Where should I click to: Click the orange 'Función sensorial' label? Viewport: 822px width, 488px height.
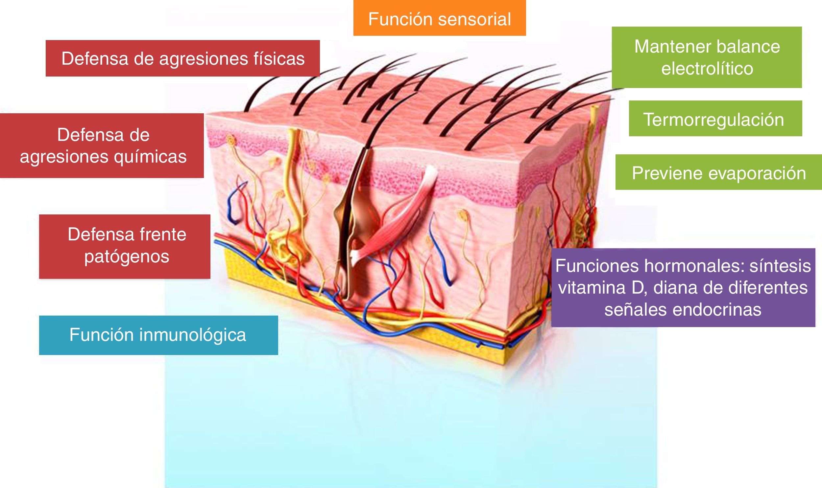click(439, 18)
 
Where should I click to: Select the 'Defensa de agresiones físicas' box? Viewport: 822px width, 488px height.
click(183, 58)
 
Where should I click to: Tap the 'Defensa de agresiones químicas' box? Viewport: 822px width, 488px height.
click(102, 145)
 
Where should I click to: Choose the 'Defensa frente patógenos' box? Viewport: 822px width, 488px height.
click(124, 246)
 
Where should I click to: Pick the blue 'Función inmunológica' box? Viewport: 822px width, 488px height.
click(158, 335)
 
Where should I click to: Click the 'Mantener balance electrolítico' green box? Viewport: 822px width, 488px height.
click(707, 57)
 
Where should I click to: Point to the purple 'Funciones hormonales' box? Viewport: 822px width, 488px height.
click(683, 287)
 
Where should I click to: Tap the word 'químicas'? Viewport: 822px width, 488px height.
click(150, 157)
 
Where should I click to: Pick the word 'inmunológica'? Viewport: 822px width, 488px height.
click(193, 335)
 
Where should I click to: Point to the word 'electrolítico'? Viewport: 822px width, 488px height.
click(707, 69)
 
